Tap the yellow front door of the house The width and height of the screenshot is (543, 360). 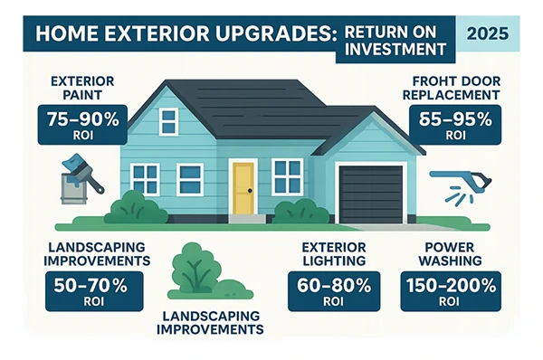pyautogui.click(x=242, y=187)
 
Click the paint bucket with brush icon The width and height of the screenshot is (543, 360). pyautogui.click(x=80, y=181)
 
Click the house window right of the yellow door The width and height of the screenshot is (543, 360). pyautogui.click(x=288, y=175)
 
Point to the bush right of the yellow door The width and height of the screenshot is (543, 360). pyautogui.click(x=301, y=210)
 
